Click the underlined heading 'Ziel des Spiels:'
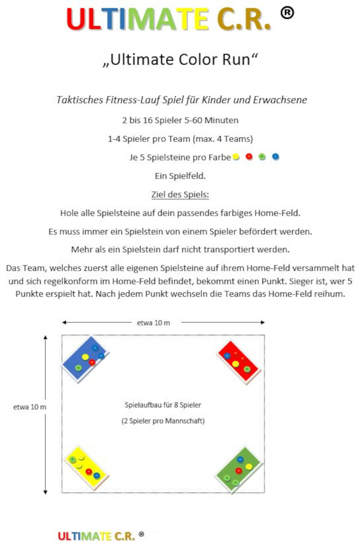click(180, 195)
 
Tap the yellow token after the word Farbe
click(236, 157)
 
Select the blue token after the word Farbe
click(275, 157)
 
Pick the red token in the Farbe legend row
click(249, 157)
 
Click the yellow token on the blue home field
click(85, 357)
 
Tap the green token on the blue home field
click(78, 367)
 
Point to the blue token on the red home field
click(227, 356)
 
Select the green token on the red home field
click(247, 369)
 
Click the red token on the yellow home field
click(89, 472)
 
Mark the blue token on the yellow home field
click(96, 476)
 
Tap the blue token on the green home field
click(240, 459)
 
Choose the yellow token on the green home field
click(249, 467)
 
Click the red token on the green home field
click(238, 470)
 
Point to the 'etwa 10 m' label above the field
click(153, 322)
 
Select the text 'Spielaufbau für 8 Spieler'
click(163, 405)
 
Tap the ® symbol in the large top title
click(287, 13)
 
